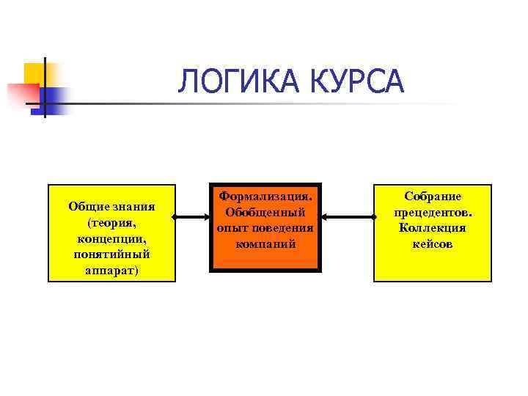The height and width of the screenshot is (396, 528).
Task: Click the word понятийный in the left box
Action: point(111,254)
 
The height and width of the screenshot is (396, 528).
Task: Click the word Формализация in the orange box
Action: point(265,196)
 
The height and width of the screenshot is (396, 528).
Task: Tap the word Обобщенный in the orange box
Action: point(265,212)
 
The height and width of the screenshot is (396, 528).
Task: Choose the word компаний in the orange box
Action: point(265,243)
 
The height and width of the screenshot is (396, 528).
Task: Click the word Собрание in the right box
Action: point(433,196)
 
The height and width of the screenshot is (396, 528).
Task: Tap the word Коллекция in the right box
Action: point(433,227)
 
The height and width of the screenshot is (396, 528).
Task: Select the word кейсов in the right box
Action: point(433,243)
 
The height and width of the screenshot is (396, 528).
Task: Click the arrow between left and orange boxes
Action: point(194,216)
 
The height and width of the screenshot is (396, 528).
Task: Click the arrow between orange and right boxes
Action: point(348,216)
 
